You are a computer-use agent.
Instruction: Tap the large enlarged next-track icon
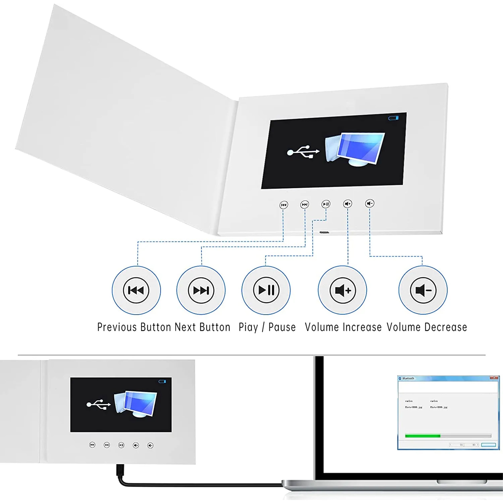pyautogui.click(x=201, y=290)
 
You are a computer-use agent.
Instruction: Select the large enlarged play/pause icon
pyautogui.click(x=266, y=290)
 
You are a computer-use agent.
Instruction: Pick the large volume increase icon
pyautogui.click(x=342, y=290)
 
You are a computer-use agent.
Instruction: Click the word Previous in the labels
pyautogui.click(x=117, y=327)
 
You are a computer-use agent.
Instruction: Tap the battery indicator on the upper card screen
pyautogui.click(x=393, y=118)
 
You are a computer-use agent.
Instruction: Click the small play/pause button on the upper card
pyautogui.click(x=326, y=204)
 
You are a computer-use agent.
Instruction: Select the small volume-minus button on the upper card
pyautogui.click(x=370, y=203)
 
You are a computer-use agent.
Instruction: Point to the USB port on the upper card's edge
pyautogui.click(x=324, y=232)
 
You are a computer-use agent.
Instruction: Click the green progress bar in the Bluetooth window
pyautogui.click(x=423, y=436)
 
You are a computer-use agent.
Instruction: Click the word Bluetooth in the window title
pyautogui.click(x=408, y=378)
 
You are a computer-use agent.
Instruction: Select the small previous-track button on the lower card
pyautogui.click(x=92, y=445)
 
